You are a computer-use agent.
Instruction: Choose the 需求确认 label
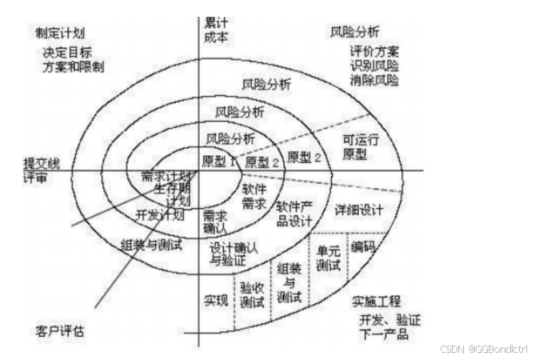coord(215,223)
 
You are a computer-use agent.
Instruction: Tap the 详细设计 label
coord(359,210)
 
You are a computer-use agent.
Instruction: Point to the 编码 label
coord(364,247)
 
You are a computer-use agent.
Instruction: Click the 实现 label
coord(215,300)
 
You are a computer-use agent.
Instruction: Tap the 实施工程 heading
coord(375,301)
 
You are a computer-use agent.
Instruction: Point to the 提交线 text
coord(42,163)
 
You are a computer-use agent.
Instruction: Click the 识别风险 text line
coord(373,66)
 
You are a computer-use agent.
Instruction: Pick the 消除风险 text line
coord(373,80)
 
